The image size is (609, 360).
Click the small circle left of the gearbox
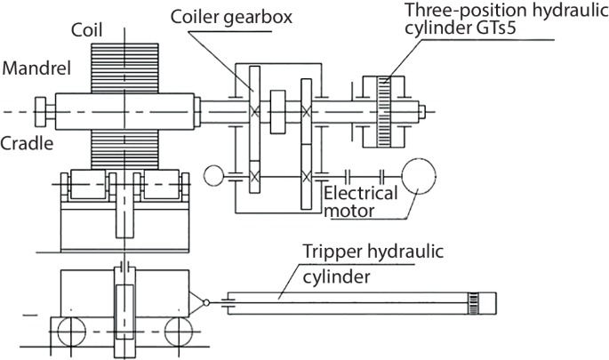tap(214, 175)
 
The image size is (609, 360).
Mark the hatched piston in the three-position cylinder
tap(386, 112)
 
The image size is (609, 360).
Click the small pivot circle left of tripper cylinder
tap(206, 302)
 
